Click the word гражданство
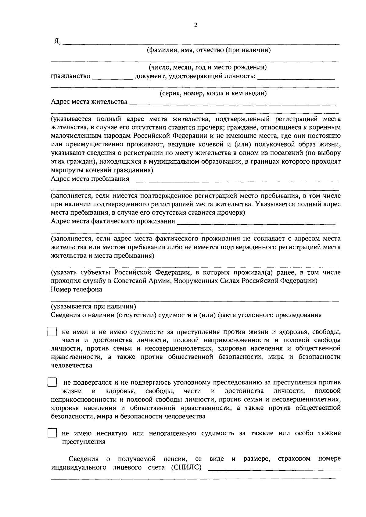70,76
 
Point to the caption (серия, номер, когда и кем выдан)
213,93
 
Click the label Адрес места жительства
89,102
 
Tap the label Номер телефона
76,290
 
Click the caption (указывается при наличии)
93,306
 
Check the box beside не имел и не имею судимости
52,332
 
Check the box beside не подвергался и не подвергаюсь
52,383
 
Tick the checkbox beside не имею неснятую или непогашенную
52,433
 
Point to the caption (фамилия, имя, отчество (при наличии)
209,50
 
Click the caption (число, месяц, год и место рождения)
208,67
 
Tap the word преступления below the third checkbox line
84,442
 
